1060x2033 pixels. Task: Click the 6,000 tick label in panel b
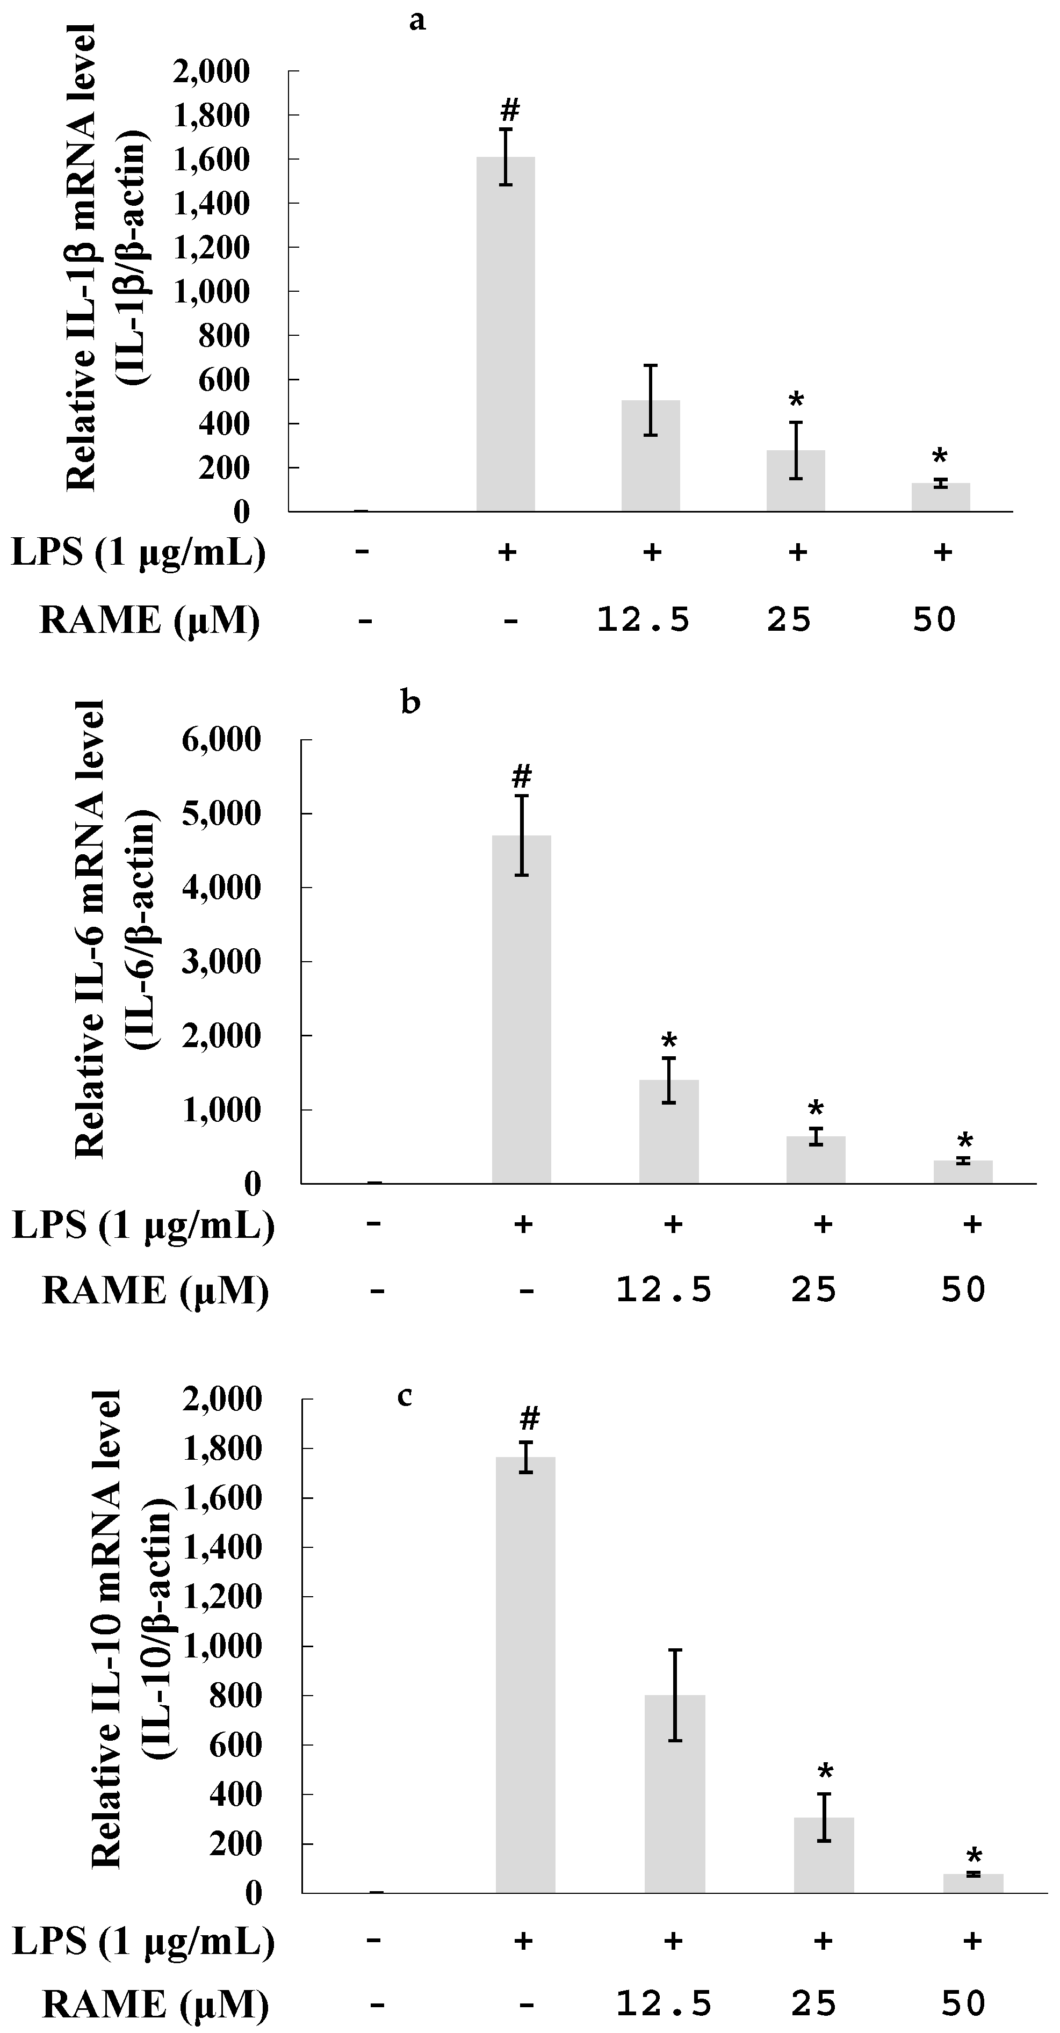pyautogui.click(x=221, y=740)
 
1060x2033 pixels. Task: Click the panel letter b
pyautogui.click(x=410, y=702)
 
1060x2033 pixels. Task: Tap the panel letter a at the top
pyautogui.click(x=417, y=21)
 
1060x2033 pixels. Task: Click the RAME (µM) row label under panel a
pyautogui.click(x=149, y=621)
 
